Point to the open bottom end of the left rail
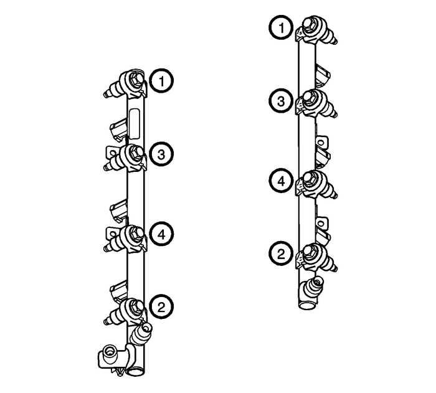tap(136, 373)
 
